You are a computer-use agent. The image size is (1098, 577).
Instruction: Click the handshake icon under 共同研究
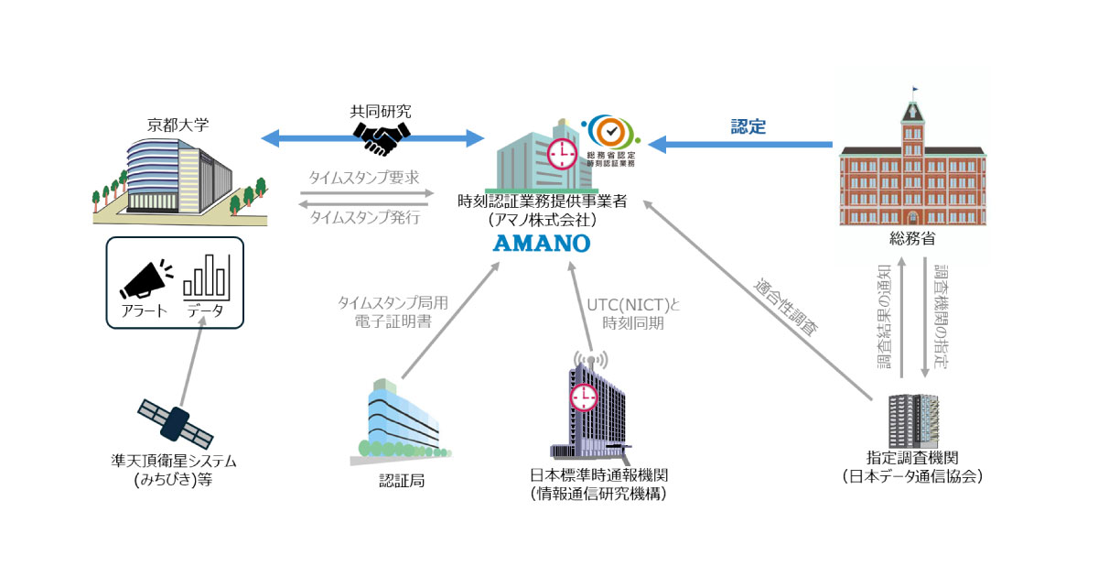[x=382, y=138]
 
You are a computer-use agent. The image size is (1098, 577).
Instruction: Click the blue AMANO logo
[x=544, y=244]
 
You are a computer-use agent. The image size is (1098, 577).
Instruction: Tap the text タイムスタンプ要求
[x=365, y=178]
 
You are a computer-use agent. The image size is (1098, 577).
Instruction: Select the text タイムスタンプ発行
[x=365, y=217]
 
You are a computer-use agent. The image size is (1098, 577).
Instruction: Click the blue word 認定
[x=748, y=127]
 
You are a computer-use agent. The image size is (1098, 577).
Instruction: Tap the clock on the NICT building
[x=581, y=397]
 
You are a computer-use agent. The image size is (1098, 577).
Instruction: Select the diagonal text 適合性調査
[x=785, y=307]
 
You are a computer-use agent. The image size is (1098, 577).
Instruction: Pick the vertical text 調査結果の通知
[x=884, y=317]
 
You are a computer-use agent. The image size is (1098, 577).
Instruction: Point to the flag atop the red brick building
[x=916, y=90]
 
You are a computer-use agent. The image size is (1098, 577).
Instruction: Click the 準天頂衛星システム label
[x=173, y=461]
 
